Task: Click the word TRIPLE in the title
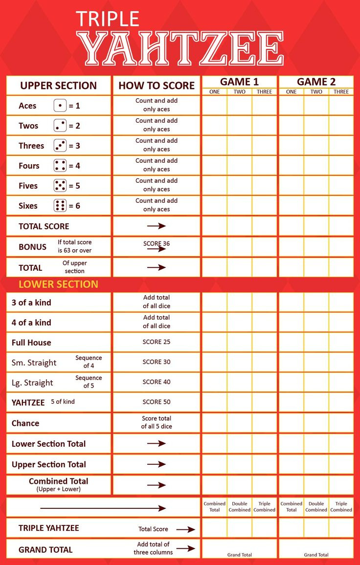click(108, 19)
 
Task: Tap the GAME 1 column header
click(239, 82)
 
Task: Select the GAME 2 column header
click(316, 82)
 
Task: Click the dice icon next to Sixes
click(60, 206)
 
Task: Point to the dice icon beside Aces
click(60, 106)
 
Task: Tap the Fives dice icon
click(60, 186)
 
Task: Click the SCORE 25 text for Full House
click(157, 342)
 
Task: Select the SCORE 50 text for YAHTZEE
click(157, 402)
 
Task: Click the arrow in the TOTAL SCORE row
click(157, 226)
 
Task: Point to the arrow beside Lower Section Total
click(157, 443)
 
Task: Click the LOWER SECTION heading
click(58, 284)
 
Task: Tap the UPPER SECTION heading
click(58, 86)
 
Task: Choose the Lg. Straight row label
click(32, 383)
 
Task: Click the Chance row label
click(25, 423)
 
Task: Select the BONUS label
click(32, 247)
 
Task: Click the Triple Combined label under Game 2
click(341, 507)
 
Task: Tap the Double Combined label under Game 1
click(239, 507)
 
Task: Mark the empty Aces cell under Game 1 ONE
click(214, 106)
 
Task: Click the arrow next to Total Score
click(185, 529)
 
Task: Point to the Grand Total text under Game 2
click(316, 555)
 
